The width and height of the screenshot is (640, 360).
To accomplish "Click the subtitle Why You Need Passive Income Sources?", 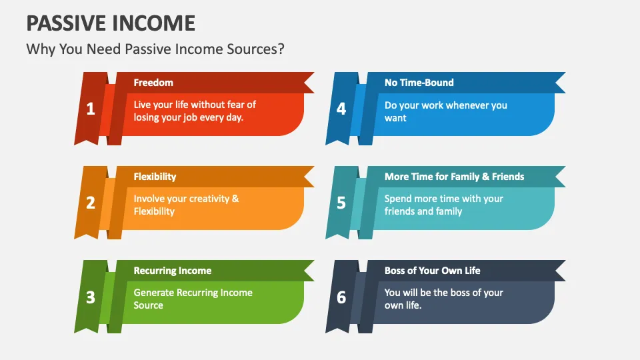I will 155,50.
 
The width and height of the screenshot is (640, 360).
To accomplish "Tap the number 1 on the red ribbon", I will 91,109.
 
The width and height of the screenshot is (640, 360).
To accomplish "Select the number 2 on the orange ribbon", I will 91,203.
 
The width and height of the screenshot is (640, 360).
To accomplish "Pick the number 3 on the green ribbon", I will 91,297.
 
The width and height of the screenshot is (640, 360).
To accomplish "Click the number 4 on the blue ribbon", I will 341,109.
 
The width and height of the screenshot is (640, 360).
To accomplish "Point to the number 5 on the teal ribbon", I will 341,203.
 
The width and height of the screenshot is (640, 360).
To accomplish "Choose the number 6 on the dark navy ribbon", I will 341,297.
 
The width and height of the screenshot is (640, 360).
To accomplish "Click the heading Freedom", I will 153,83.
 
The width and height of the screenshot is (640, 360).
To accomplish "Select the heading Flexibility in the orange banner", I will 155,177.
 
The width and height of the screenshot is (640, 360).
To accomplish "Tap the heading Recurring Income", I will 173,271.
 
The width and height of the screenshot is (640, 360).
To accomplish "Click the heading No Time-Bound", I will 419,83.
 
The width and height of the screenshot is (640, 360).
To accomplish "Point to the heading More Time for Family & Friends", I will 454,177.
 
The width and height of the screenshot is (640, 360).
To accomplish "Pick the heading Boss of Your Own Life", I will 432,271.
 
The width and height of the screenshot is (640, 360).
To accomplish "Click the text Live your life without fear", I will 195,105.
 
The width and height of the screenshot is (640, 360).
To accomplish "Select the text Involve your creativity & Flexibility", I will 186,205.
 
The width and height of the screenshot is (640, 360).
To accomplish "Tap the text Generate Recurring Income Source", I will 193,299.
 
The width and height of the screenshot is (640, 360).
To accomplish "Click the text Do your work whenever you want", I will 445,111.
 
